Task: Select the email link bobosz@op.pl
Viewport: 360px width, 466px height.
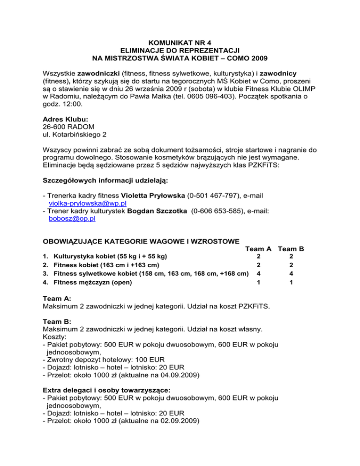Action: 72,218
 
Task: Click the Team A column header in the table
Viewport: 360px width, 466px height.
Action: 259,249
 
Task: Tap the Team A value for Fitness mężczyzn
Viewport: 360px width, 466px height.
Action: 258,282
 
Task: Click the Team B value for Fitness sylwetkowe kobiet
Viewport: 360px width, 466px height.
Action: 291,273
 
